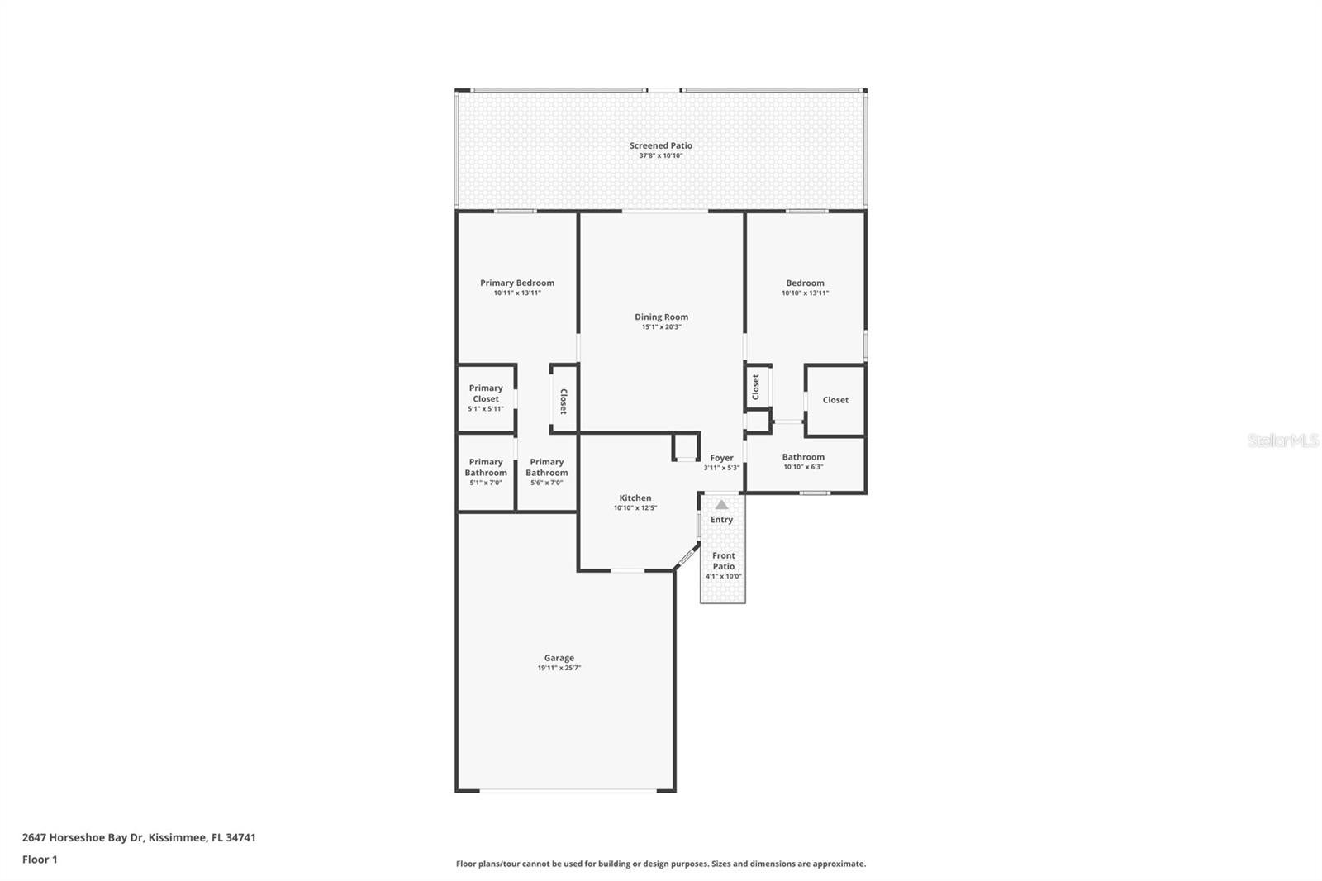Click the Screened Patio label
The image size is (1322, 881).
point(660,145)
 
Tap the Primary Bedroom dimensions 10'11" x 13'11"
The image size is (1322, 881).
point(517,293)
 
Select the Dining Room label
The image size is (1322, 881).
point(661,317)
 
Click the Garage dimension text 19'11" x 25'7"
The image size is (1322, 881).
point(559,668)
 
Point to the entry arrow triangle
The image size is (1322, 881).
point(721,504)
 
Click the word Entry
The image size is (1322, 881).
point(721,520)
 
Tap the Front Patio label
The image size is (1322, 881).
point(723,561)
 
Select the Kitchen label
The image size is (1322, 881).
point(635,498)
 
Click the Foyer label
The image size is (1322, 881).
point(721,458)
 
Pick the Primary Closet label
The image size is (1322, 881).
point(486,393)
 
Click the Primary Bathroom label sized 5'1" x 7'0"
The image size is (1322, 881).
point(486,468)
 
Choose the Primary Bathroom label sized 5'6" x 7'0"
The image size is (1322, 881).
point(546,468)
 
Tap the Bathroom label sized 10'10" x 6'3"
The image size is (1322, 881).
point(803,457)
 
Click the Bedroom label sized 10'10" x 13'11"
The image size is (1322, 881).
point(805,283)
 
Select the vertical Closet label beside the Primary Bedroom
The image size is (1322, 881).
point(564,401)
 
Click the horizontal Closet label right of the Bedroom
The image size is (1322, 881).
point(835,400)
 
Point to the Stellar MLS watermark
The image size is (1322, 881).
point(1282,441)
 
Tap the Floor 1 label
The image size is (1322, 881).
point(40,860)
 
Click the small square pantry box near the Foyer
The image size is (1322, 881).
point(686,447)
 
